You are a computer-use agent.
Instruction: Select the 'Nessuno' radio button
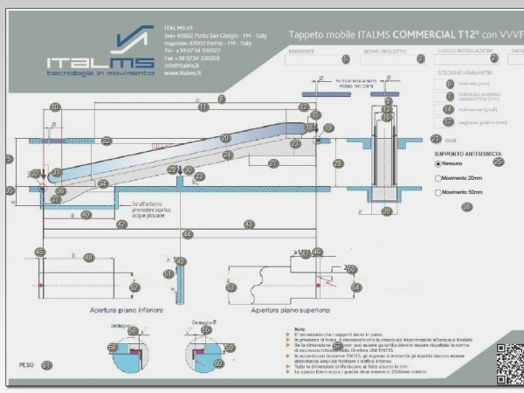coord(438,163)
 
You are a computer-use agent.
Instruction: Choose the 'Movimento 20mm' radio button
coord(438,178)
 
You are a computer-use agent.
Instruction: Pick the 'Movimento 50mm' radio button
coord(438,192)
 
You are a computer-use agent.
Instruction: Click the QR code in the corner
coord(509,363)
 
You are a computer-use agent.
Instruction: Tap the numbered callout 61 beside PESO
coord(46,366)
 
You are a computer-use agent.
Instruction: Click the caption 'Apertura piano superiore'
coord(286,309)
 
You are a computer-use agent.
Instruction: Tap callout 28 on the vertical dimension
coord(338,163)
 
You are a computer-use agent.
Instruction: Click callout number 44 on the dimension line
coord(187,235)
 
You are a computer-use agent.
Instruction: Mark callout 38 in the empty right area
coord(466,207)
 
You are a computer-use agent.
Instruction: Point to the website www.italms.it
coord(183,73)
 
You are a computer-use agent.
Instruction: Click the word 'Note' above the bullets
coord(300,328)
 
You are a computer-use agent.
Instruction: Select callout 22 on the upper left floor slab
coord(106,141)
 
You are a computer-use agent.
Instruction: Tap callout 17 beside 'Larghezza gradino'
coord(449,122)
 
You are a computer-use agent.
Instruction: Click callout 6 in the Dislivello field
coord(449,85)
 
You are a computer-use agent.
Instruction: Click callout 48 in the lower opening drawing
coord(88,258)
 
